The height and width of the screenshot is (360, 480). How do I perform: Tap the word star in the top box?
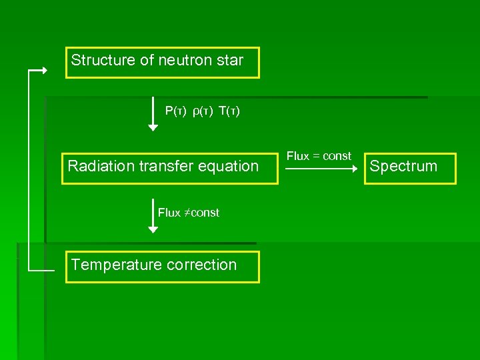[230, 60]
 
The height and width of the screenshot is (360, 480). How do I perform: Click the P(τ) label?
[176, 111]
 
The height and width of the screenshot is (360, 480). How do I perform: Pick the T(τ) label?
[229, 111]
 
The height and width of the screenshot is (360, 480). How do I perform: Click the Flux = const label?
[319, 156]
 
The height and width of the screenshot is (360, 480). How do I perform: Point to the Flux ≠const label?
[189, 213]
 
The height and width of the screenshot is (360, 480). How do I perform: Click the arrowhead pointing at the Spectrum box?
[355, 169]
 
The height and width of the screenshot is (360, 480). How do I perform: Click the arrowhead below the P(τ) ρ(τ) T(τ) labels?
[153, 127]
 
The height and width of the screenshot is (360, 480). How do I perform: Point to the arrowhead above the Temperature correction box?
[153, 229]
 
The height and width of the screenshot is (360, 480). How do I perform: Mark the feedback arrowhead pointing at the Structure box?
[45, 70]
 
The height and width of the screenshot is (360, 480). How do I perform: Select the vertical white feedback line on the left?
[29, 170]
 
